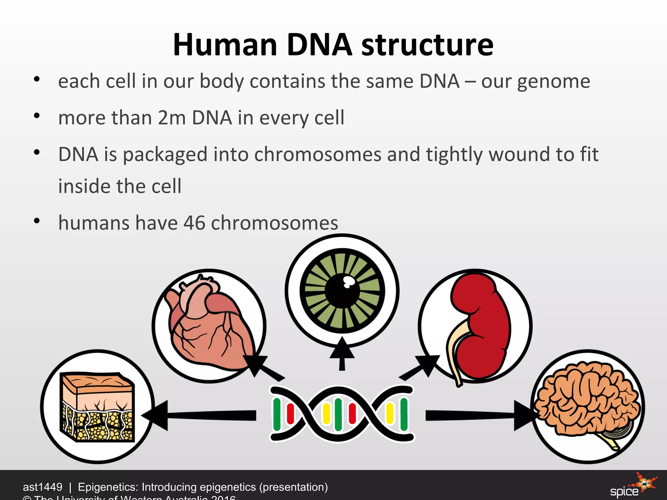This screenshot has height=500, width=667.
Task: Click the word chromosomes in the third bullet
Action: [x=318, y=155]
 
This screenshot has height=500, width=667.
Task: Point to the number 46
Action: [x=194, y=223]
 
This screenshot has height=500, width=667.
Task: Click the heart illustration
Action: [x=208, y=329]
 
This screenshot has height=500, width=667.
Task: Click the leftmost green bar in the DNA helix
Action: [x=277, y=414]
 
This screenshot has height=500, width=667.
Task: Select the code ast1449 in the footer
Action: [x=42, y=487]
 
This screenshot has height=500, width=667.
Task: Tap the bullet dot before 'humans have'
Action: [x=37, y=221]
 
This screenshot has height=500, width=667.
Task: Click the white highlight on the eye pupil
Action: [x=348, y=282]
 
